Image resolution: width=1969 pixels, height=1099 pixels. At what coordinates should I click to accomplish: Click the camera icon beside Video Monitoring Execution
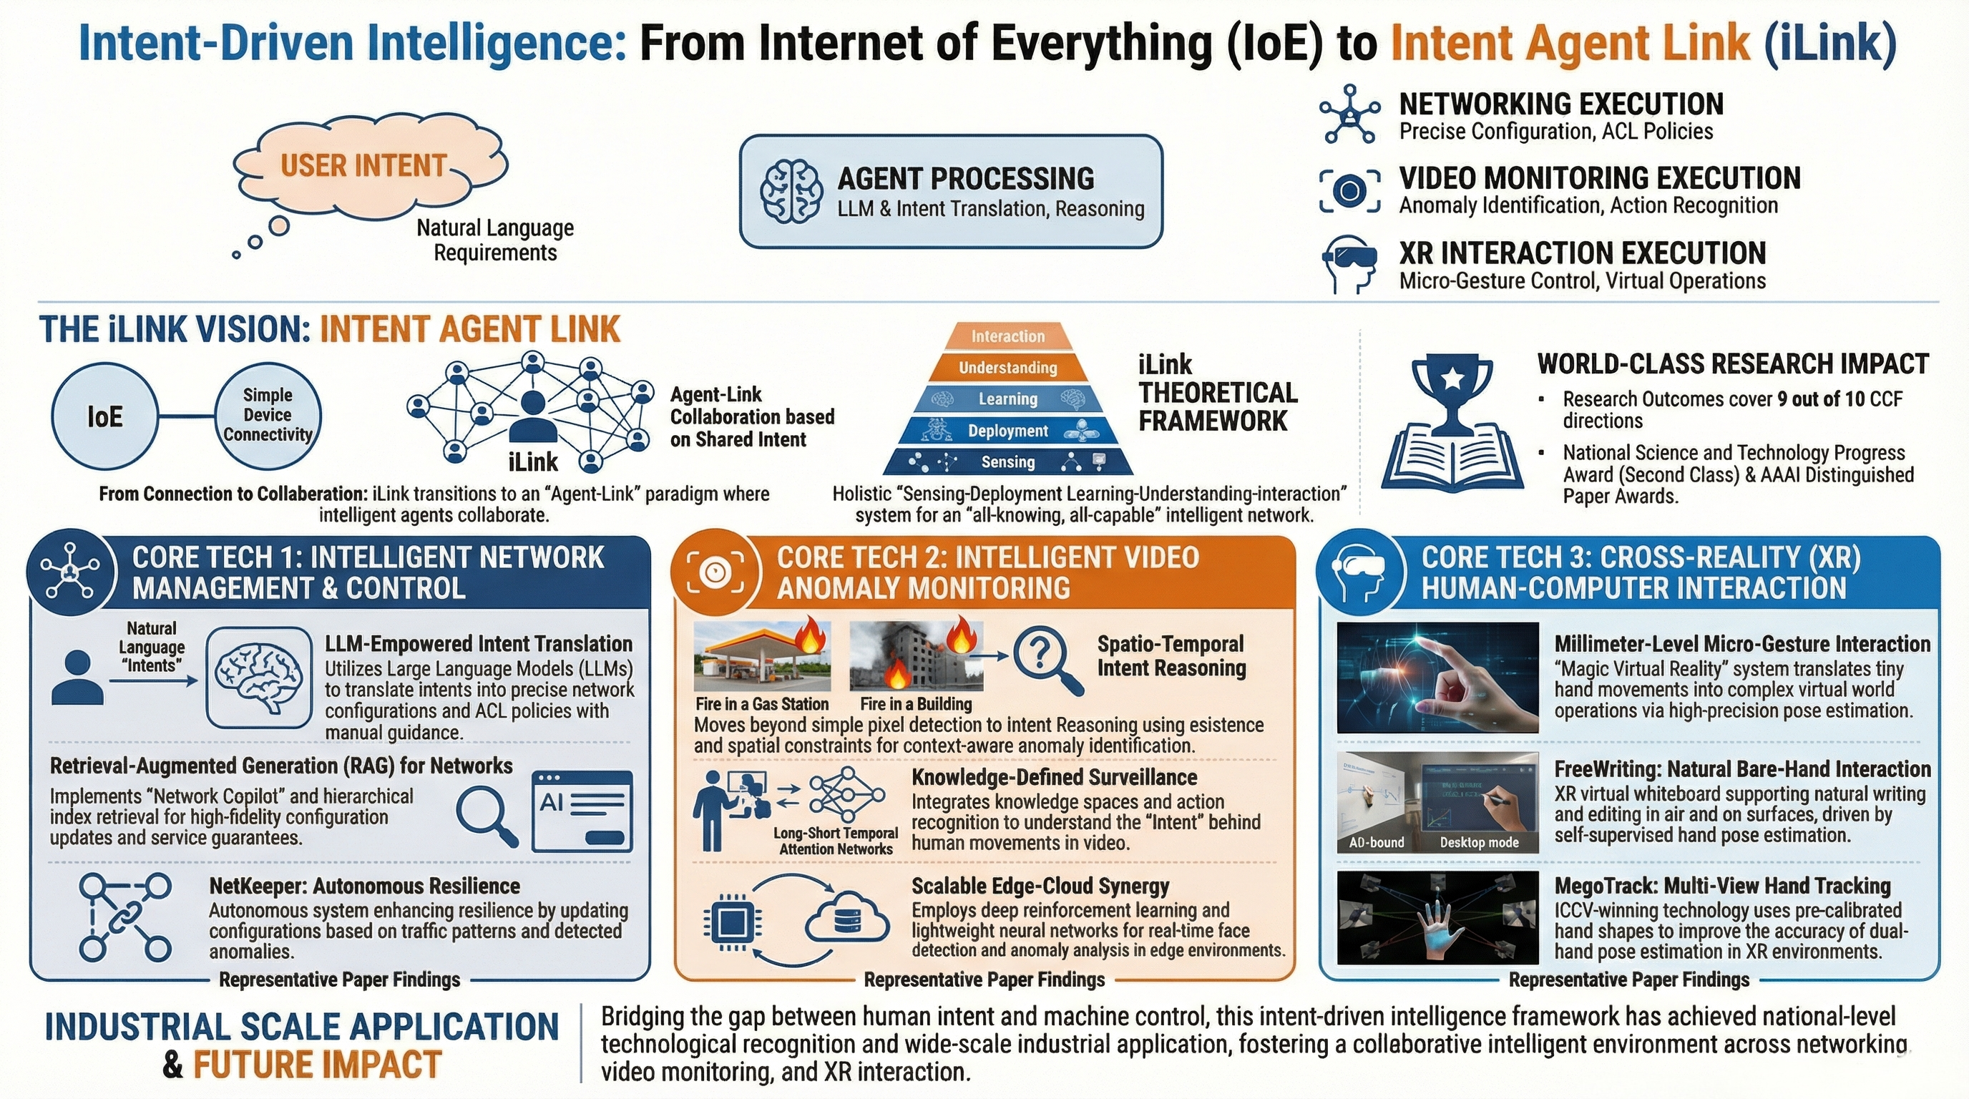coord(1350,190)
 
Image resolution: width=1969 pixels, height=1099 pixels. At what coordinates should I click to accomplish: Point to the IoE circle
coord(104,416)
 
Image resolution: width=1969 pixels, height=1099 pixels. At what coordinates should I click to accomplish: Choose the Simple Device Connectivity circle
coord(268,415)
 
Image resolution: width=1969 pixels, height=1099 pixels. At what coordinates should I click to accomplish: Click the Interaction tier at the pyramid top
coord(1007,336)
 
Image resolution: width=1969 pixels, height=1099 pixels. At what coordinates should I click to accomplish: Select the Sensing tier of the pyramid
coord(1007,461)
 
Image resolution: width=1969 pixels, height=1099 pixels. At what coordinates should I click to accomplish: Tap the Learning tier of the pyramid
coord(1007,399)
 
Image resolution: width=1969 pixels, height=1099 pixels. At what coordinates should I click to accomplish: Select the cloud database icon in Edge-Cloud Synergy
coord(846,921)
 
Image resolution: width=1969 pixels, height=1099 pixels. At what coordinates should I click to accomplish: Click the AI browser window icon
coord(582,811)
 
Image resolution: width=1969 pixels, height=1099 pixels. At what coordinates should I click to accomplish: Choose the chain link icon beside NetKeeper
coord(124,917)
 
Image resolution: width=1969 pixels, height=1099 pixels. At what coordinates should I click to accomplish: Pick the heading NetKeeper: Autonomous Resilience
coord(365,886)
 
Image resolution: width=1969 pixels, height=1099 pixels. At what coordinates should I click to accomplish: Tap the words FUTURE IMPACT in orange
coord(317,1065)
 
